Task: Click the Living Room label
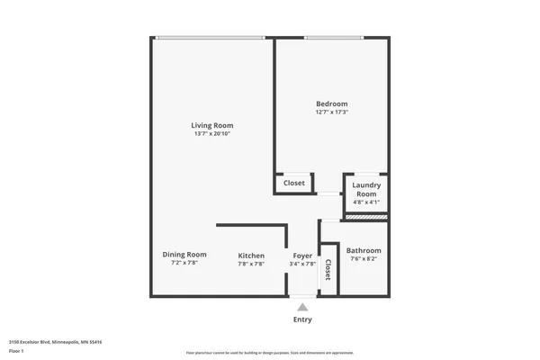212,125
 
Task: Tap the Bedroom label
331,103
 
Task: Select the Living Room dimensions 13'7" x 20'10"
212,134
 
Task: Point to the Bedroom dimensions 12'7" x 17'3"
331,112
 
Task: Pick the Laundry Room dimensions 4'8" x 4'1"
365,202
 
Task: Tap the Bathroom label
364,250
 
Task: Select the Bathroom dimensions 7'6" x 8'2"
364,259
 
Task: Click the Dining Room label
184,254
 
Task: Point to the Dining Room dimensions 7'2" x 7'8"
184,263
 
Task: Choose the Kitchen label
251,256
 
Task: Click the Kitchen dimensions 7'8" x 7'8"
251,265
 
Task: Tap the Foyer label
302,256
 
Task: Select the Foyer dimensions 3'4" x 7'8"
302,265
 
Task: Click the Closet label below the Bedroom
294,183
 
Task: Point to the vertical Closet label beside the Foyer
328,269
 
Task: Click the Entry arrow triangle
302,307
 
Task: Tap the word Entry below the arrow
302,319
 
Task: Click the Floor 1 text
16,352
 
